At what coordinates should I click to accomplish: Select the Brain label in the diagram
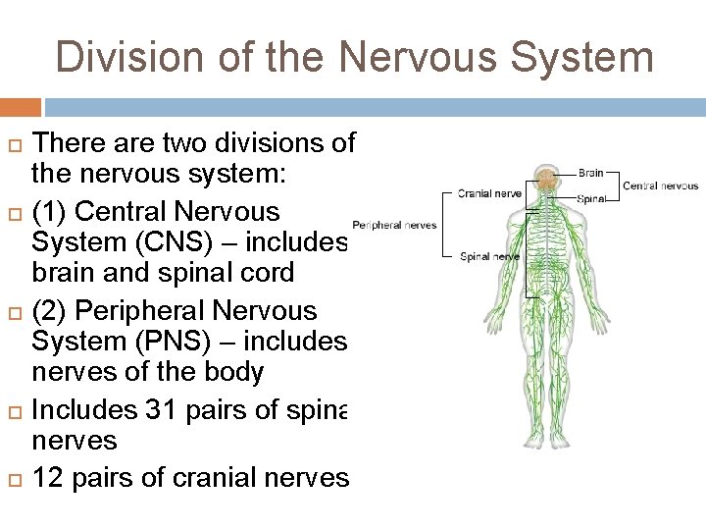click(590, 173)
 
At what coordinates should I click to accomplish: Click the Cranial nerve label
click(489, 193)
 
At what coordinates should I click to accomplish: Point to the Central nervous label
click(660, 185)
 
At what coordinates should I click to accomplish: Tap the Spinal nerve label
click(489, 257)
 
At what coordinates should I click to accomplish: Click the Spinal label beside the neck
click(591, 198)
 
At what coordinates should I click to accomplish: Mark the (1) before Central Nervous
click(50, 211)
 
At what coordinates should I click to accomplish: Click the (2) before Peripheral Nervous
click(50, 311)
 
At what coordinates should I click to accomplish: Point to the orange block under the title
click(21, 106)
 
